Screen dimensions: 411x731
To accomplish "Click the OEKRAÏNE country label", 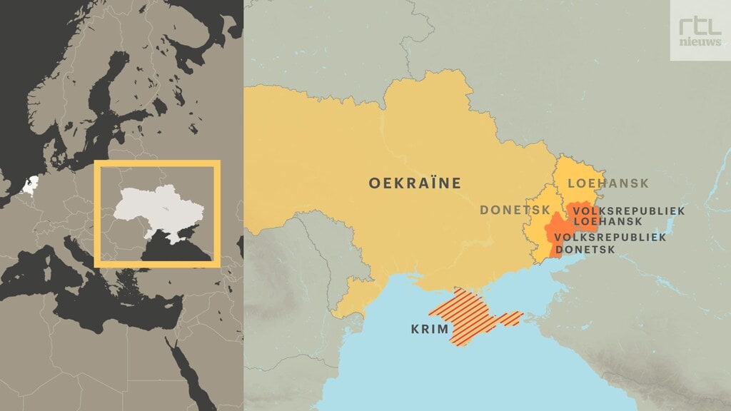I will pyautogui.click(x=415, y=183).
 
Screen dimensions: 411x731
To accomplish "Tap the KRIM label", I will pyautogui.click(x=430, y=330).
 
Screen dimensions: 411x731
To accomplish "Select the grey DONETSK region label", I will pyautogui.click(x=515, y=210).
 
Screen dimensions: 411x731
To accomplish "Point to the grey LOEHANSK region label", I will pyautogui.click(x=608, y=183).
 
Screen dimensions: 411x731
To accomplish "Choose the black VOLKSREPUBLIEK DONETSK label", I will pyautogui.click(x=610, y=243).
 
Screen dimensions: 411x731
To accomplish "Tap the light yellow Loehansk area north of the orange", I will pyautogui.click(x=578, y=175).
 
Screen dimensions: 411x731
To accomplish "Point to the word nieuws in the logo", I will pyautogui.click(x=700, y=42).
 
